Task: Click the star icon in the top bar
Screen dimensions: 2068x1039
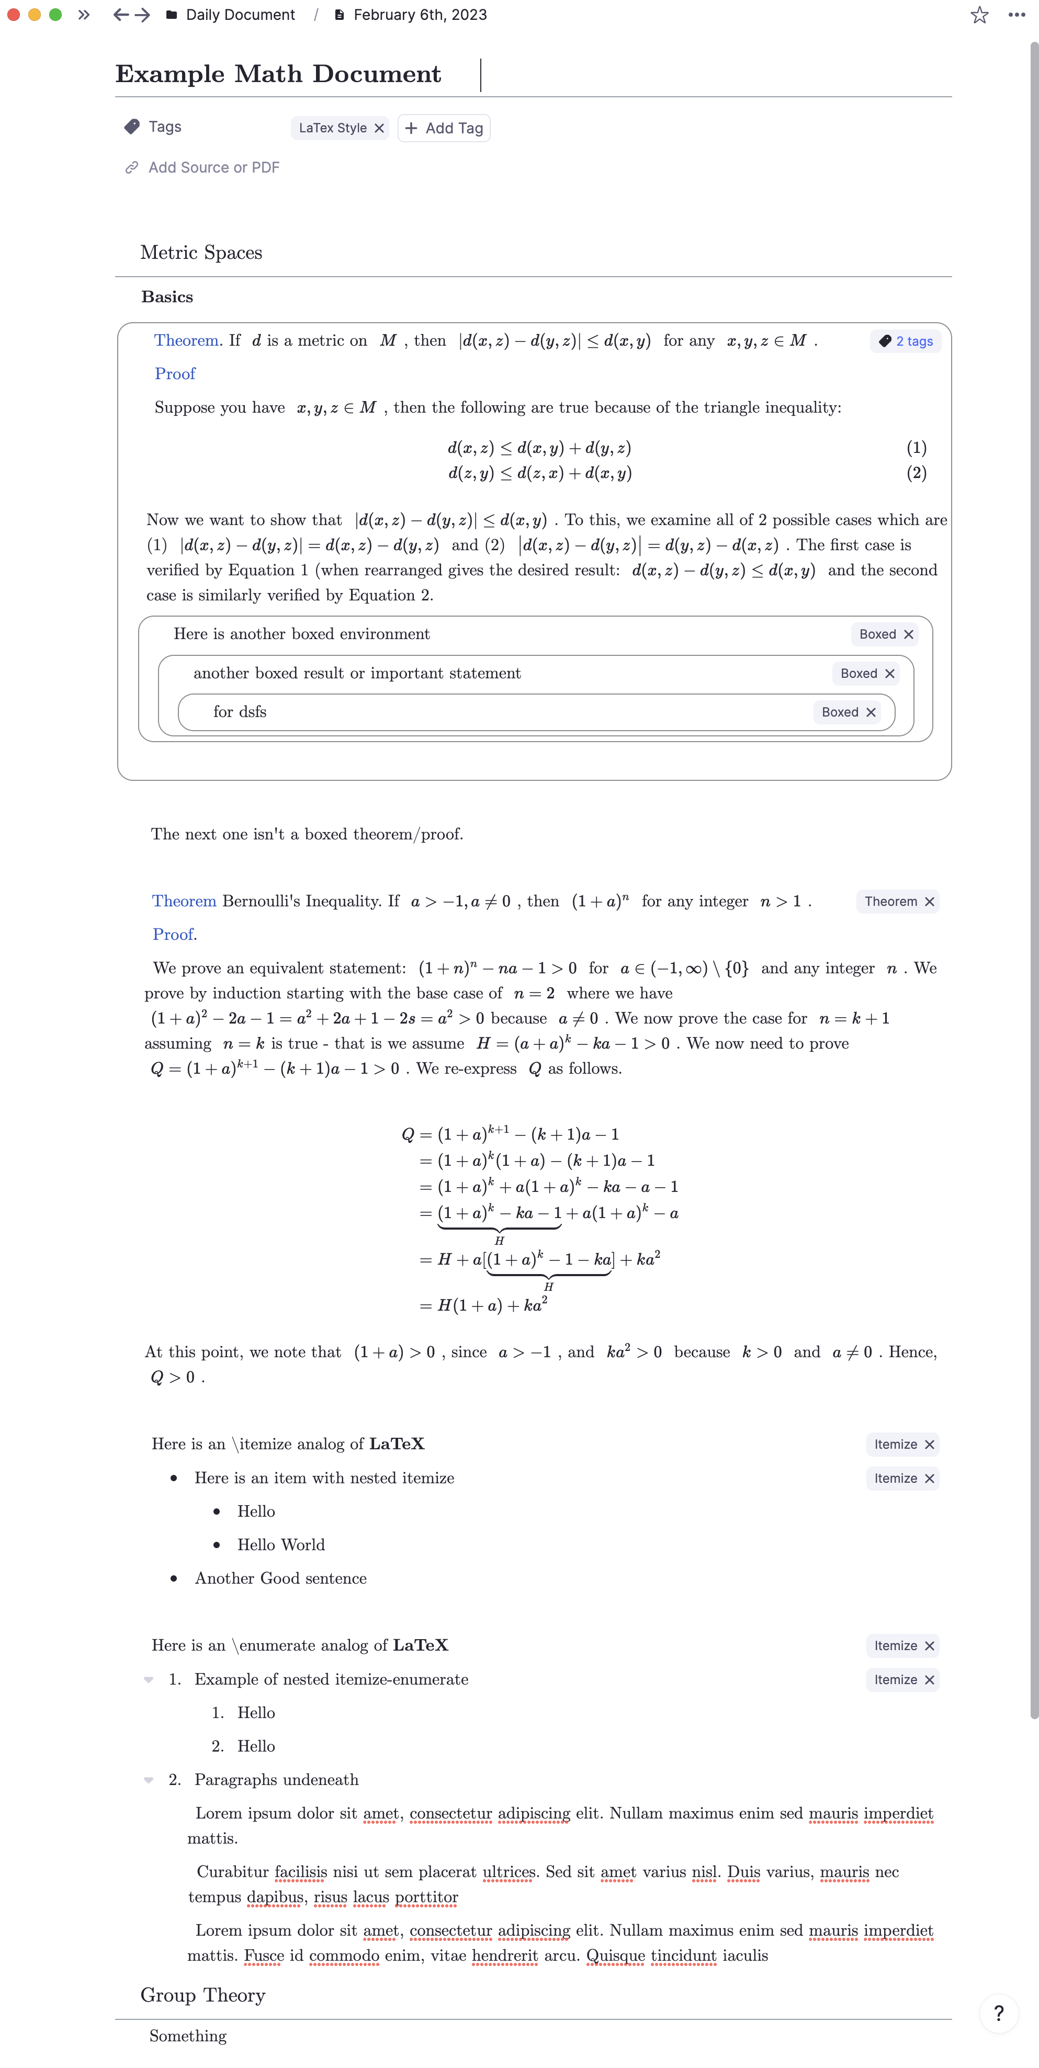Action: (979, 15)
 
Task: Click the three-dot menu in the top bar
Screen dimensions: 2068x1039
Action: (1017, 15)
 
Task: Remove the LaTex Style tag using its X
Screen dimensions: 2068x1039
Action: (379, 129)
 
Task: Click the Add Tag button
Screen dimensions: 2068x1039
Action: (444, 129)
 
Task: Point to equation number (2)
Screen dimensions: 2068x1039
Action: (916, 473)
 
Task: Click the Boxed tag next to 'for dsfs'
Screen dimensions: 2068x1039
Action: (840, 712)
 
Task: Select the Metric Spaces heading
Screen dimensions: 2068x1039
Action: (201, 253)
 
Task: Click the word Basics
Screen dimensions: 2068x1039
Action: (167, 297)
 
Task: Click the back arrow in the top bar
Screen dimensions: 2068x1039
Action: (120, 15)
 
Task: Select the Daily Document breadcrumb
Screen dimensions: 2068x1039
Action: (240, 15)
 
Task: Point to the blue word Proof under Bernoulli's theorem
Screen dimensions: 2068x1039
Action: (174, 935)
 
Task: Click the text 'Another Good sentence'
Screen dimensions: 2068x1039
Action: (280, 1578)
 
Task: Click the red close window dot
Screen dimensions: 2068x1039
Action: (14, 15)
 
